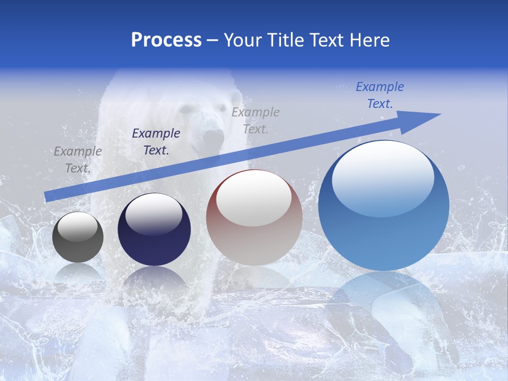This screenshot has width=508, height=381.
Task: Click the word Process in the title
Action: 166,40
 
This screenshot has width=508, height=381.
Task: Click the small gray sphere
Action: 78,237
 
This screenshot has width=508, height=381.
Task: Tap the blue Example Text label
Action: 379,95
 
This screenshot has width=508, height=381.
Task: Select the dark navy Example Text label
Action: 156,142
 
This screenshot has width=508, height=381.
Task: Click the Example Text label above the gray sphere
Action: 78,160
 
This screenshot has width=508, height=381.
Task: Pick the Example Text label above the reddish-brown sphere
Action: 256,120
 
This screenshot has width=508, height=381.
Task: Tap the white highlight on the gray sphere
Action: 78,226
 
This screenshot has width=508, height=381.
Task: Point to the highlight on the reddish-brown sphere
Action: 254,200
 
